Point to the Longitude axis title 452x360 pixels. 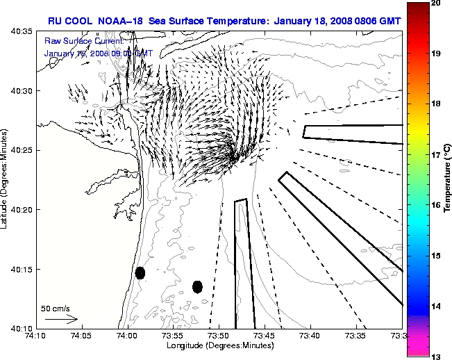tap(219, 345)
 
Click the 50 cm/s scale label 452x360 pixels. tap(56, 308)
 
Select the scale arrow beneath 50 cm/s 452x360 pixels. tap(61, 319)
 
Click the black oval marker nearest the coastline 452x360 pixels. tap(140, 272)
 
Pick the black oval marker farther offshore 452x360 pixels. tap(197, 286)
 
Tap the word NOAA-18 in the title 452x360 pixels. tap(119, 21)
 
